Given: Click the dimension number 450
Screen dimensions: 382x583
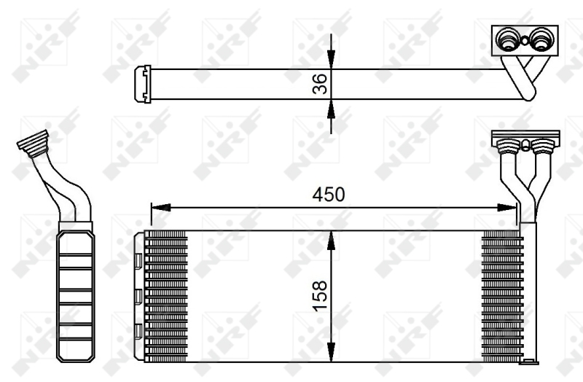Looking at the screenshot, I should click(x=328, y=195).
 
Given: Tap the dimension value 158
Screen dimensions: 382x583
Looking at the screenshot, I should click(x=319, y=295).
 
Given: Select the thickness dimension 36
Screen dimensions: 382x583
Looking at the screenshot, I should click(x=319, y=84).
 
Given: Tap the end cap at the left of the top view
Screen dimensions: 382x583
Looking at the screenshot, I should click(x=143, y=84).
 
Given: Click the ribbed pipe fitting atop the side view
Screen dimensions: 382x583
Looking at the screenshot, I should click(x=34, y=142).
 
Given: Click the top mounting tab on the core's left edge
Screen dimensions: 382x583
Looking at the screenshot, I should click(x=138, y=256).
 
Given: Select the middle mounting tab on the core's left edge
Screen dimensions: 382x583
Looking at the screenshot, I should click(x=138, y=295).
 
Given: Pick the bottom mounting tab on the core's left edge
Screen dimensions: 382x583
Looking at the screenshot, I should click(x=138, y=332).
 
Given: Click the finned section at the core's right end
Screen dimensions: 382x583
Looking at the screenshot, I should click(x=502, y=295).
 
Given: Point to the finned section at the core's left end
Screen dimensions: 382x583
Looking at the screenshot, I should click(x=167, y=295).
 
